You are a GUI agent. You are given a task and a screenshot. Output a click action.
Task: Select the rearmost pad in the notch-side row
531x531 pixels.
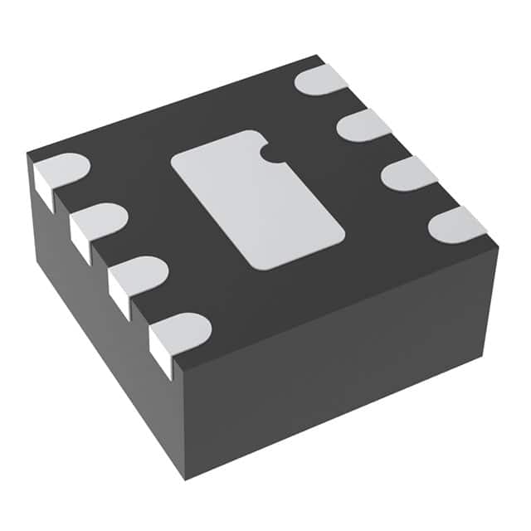322,80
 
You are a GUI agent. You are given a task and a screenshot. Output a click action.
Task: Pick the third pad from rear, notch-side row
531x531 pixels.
409,174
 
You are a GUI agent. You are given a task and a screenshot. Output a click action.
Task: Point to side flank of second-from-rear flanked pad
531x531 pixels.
80,239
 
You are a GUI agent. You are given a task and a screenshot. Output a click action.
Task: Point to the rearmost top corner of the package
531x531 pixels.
319,56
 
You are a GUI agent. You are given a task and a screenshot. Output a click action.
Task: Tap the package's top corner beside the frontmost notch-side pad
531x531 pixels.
498,246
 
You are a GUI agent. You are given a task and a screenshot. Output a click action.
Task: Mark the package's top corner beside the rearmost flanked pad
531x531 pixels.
27,154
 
